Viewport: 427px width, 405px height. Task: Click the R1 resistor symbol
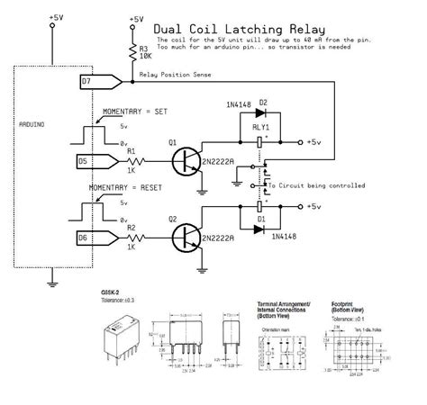point(138,161)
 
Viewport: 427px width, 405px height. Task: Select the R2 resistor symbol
point(138,238)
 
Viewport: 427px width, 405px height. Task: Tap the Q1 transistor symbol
point(187,161)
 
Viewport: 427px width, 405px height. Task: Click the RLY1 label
point(260,128)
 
